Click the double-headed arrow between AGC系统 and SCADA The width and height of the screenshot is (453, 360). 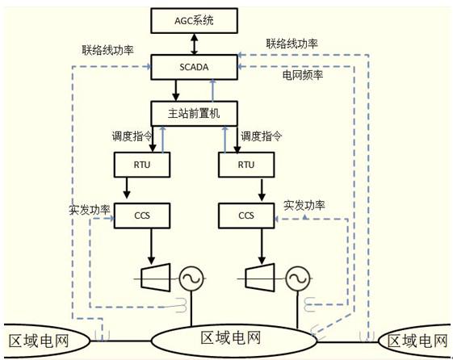(x=195, y=44)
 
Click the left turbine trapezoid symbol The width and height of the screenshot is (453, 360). (x=155, y=278)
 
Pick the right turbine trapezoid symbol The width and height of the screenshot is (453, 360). (x=260, y=278)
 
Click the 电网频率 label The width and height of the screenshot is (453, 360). (x=303, y=75)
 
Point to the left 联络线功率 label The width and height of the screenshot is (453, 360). (x=107, y=50)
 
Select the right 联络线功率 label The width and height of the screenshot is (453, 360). (x=292, y=44)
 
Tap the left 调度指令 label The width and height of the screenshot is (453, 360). (x=132, y=136)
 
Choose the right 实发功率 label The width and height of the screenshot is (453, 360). (x=304, y=205)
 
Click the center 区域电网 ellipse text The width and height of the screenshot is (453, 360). (x=231, y=337)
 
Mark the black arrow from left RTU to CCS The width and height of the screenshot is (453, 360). (x=127, y=188)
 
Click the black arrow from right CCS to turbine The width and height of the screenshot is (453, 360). (x=262, y=246)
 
